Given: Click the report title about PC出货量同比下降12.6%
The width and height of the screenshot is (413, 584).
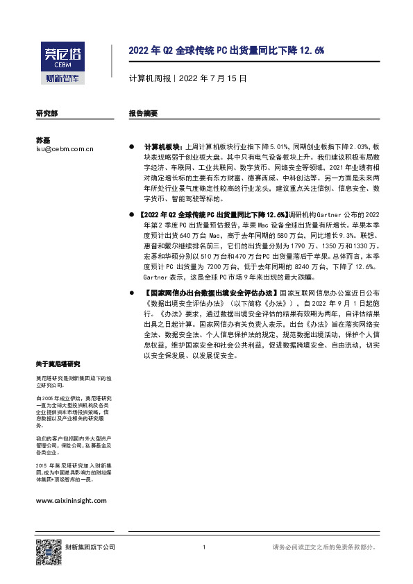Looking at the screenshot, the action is pyautogui.click(x=226, y=51).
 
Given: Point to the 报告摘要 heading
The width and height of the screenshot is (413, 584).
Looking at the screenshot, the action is pyautogui.click(x=143, y=112).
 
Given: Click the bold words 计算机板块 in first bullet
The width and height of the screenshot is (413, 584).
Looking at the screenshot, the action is pyautogui.click(x=160, y=148).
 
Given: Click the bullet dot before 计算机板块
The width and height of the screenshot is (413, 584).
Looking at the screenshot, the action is pyautogui.click(x=132, y=148).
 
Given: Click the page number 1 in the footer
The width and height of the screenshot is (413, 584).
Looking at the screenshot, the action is pyautogui.click(x=203, y=547).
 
